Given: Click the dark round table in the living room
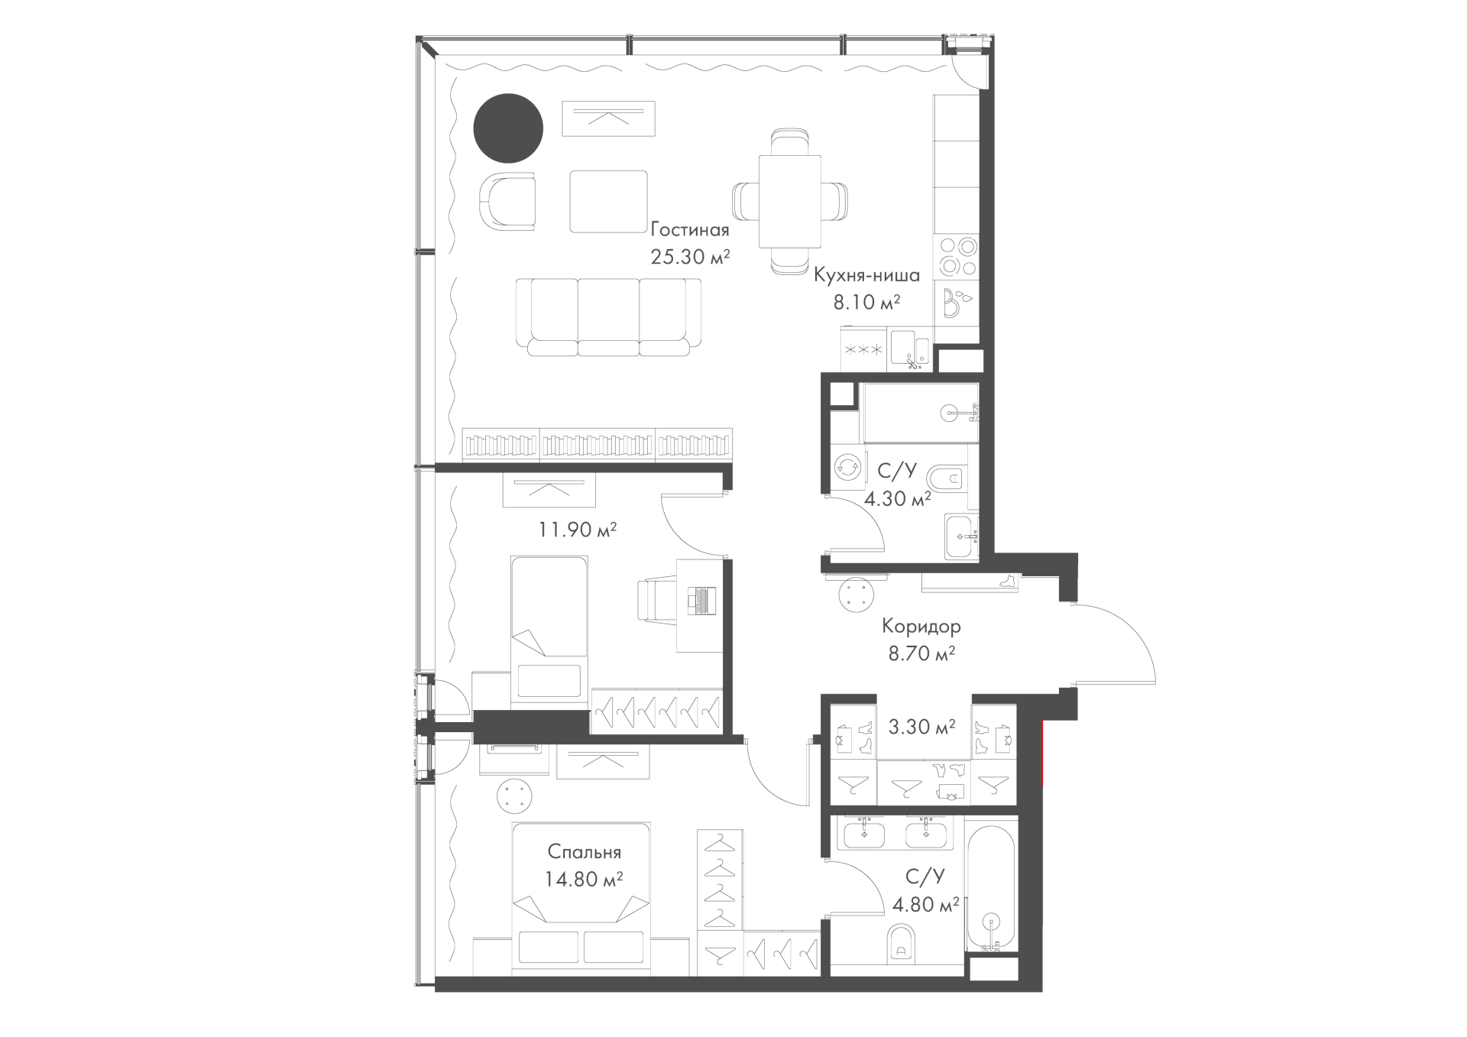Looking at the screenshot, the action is coord(508,128).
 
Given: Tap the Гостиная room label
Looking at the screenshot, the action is coord(690,230).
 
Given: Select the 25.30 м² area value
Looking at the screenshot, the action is coord(691,257).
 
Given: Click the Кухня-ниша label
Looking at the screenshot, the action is coord(866,275).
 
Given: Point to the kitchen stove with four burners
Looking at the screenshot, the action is coord(957,256).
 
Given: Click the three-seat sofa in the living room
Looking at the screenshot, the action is coord(608,317).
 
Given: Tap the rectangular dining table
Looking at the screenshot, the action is coord(790,202).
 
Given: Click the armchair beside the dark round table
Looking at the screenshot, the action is coord(508,202).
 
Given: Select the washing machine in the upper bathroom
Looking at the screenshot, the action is coord(847,468).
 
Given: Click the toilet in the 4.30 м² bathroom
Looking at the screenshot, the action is coord(947,479).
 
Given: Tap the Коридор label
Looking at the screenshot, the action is coord(921,627).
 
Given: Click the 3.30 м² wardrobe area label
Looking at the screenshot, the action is coord(921,728).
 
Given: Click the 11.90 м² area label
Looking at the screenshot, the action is coord(578,530).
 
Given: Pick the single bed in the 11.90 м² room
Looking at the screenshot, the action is coord(549,627).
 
